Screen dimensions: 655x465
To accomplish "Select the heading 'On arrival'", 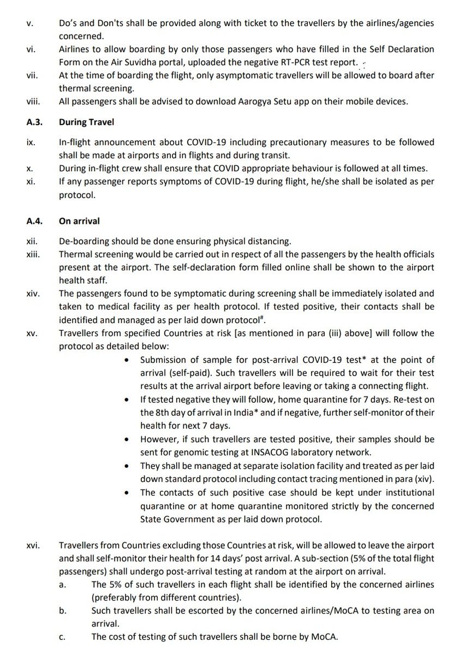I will pos(79,222).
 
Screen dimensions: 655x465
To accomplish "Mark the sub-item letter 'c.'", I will pos(62,636).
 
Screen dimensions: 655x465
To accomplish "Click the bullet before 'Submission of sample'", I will pos(127,360).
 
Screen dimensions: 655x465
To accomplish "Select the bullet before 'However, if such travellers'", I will pos(127,439).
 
